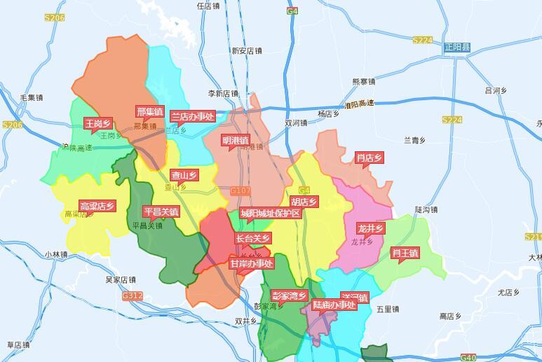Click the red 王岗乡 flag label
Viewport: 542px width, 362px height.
[x=97, y=123]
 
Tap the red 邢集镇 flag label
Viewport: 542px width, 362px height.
[x=149, y=111]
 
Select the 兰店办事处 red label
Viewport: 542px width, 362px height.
[x=193, y=116]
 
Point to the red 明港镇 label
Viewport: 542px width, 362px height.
[x=235, y=140]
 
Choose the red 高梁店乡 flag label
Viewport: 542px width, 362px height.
[x=97, y=206]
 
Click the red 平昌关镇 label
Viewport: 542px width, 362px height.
[x=161, y=211]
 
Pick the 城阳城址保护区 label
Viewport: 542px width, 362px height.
[x=270, y=213]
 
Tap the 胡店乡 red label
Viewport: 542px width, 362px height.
[x=304, y=202]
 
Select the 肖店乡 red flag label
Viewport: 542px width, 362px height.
[x=369, y=158]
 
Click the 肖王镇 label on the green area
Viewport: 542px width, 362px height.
[x=405, y=253]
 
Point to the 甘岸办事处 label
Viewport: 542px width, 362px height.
[x=251, y=263]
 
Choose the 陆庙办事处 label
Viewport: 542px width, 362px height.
[x=334, y=305]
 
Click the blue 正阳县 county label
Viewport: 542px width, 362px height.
[x=457, y=47]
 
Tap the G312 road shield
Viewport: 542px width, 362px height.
[x=132, y=295]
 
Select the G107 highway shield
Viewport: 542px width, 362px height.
[x=240, y=190]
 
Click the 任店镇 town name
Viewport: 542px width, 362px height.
[x=209, y=6]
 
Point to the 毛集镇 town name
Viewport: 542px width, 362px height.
[x=32, y=97]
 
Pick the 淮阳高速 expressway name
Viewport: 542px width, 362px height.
[x=359, y=104]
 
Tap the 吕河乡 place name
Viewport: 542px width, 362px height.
[x=496, y=90]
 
